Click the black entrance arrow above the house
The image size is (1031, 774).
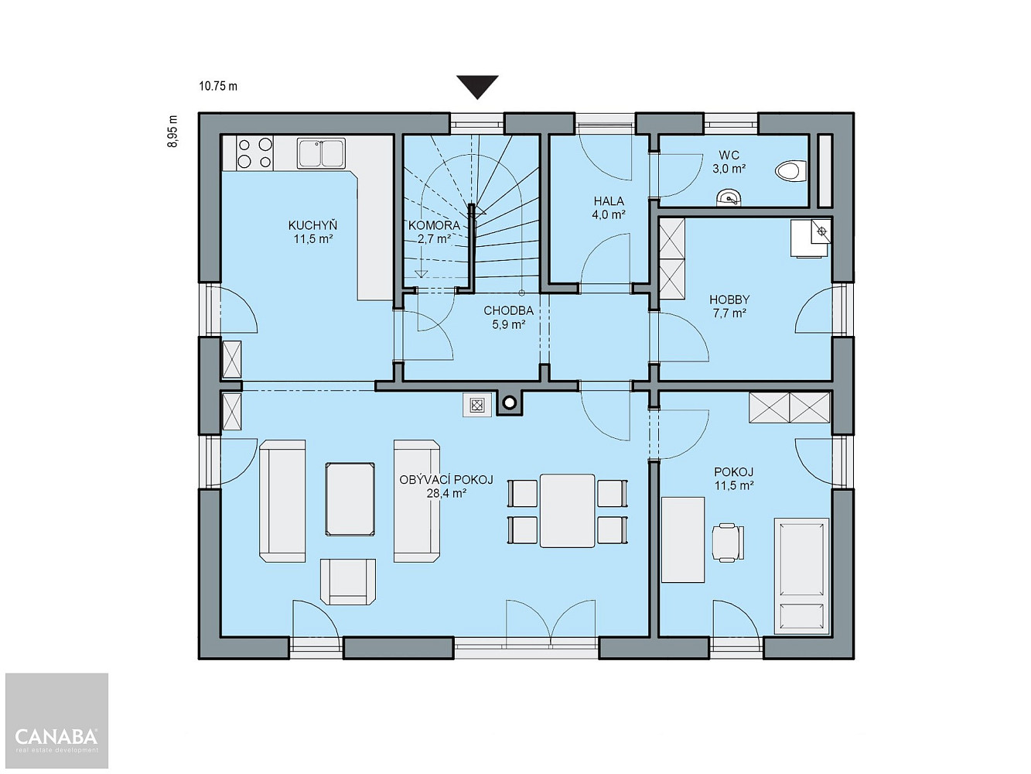tap(477, 87)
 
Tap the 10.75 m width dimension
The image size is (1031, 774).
tap(218, 87)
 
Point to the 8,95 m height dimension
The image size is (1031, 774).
tap(172, 131)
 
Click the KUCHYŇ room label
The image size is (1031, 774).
tap(312, 225)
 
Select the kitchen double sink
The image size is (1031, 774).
tap(321, 153)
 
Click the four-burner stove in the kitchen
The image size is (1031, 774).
tap(254, 153)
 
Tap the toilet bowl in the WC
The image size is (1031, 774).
tap(791, 172)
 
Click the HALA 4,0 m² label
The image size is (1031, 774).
tap(609, 207)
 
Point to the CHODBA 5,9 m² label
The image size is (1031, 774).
tap(509, 317)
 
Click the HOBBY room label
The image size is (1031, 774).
tap(729, 300)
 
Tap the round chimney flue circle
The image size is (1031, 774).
tap(510, 403)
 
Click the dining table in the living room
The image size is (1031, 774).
tap(568, 511)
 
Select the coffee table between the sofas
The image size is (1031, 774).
tap(350, 499)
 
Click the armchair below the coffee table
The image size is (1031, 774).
tap(348, 581)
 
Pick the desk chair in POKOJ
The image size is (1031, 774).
tap(728, 543)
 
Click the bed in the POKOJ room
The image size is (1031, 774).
tap(801, 576)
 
